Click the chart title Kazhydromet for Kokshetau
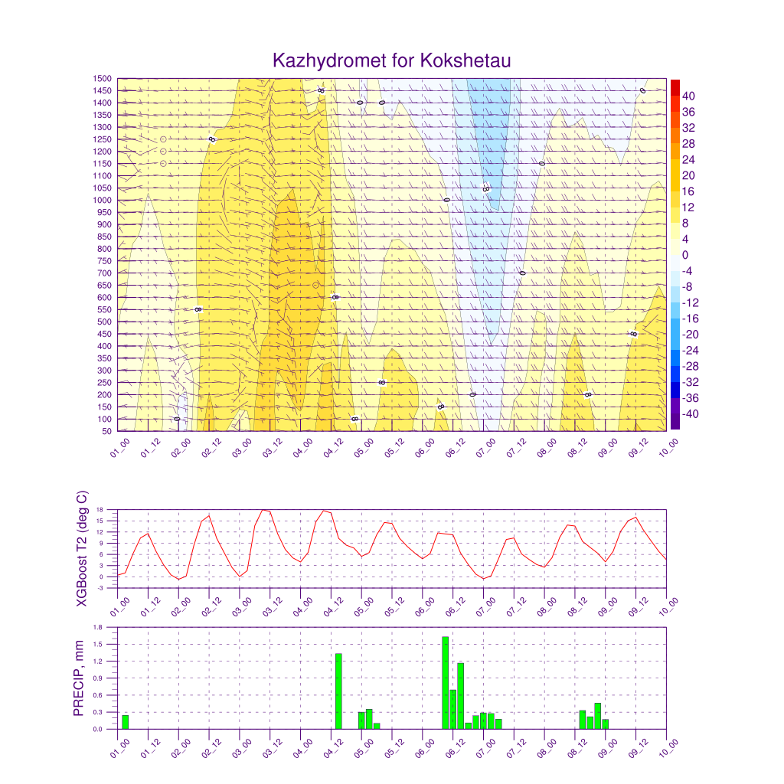coord(391,60)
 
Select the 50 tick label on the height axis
coord(106,431)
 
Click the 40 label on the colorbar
coord(688,96)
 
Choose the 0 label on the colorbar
coord(684,255)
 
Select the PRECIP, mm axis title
coord(78,678)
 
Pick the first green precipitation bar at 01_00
coord(125,722)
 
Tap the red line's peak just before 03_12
coord(263,509)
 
